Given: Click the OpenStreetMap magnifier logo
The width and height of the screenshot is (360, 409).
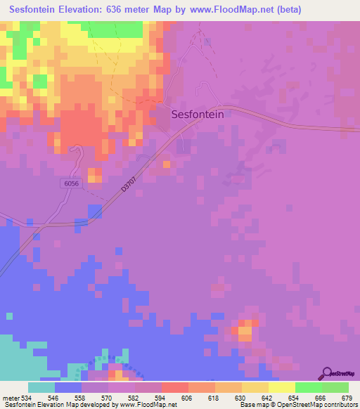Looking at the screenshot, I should (327, 374).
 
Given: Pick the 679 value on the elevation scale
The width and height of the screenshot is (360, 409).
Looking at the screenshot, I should (345, 398).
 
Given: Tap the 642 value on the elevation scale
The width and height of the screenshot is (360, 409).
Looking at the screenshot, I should (260, 398).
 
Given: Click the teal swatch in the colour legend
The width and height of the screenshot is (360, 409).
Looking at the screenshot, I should (41, 387).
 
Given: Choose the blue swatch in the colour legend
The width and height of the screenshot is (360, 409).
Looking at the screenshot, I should (68, 387).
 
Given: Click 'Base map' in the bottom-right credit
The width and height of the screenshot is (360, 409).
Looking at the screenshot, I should (252, 405).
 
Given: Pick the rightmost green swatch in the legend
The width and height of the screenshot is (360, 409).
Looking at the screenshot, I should (335, 387).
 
